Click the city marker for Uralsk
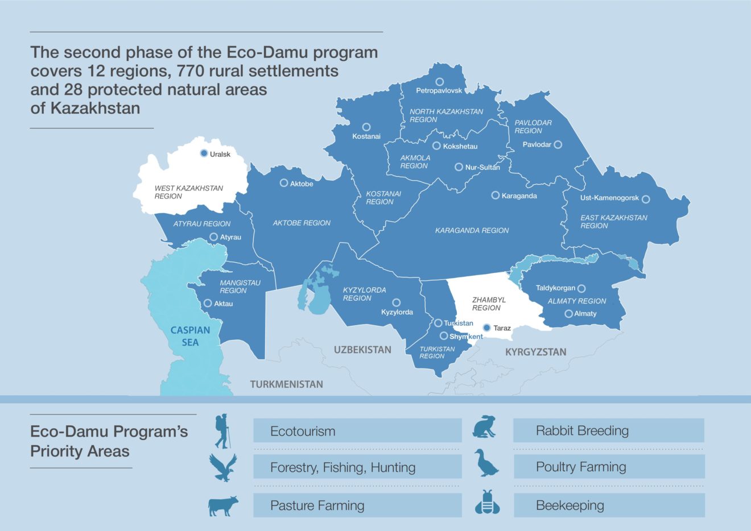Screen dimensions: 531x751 click(x=204, y=154)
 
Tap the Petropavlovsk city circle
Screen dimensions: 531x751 click(x=439, y=82)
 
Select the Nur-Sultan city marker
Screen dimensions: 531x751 click(x=459, y=167)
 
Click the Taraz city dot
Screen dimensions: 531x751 click(x=486, y=328)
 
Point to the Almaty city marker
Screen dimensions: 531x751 click(x=568, y=314)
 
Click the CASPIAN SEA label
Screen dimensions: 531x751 click(x=190, y=336)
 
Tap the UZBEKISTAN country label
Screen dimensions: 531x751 click(x=362, y=350)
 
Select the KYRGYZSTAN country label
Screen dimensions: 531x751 click(x=535, y=352)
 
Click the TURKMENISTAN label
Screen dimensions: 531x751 click(x=286, y=384)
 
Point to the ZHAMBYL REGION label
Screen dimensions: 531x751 click(x=488, y=304)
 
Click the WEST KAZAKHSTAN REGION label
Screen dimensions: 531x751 click(x=188, y=192)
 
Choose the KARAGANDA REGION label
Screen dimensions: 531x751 click(x=472, y=230)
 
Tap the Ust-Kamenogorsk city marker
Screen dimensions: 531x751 click(x=646, y=199)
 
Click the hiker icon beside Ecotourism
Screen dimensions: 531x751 click(x=222, y=431)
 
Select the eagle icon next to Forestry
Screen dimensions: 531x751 click(x=222, y=467)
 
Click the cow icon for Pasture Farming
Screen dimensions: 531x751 click(x=223, y=505)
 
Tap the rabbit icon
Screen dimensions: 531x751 click(x=485, y=427)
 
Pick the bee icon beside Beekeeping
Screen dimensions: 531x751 click(x=487, y=502)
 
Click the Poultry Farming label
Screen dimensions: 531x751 click(x=580, y=467)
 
